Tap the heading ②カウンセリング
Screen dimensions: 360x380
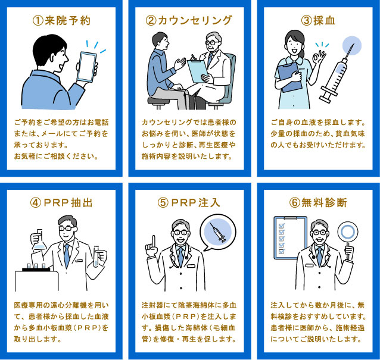189,21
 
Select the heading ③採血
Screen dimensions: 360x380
317,21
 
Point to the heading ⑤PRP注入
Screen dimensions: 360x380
189,202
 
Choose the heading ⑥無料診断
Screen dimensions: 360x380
317,202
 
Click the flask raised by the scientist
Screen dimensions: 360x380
38,240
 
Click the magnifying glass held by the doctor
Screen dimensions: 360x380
347,232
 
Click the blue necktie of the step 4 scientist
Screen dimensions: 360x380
67,253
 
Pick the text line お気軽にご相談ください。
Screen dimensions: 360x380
56,156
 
